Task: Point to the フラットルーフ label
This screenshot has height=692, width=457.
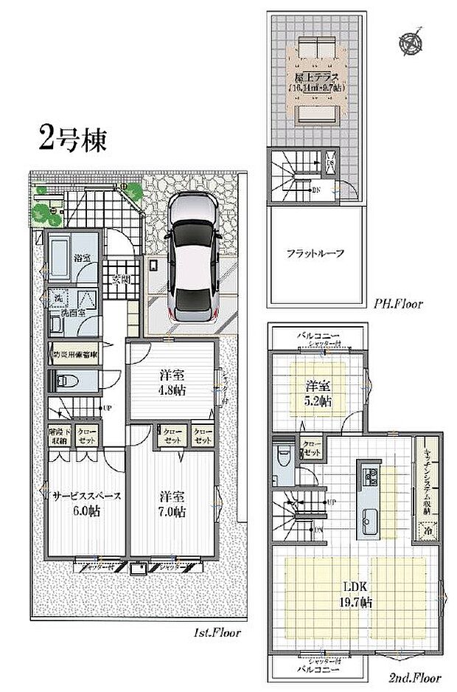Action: coord(316,254)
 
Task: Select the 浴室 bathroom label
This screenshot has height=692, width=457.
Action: coord(82,257)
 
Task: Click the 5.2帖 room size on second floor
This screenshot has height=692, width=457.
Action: coord(318,401)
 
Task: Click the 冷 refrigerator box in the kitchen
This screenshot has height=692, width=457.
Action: coord(427,528)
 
